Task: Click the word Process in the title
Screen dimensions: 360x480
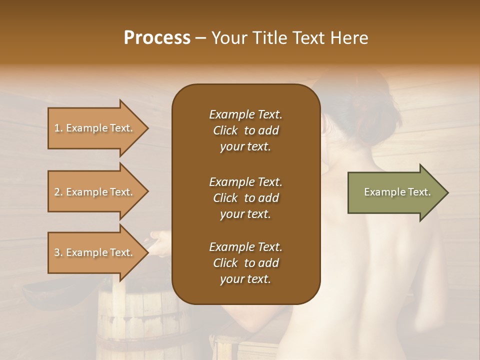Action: click(x=157, y=38)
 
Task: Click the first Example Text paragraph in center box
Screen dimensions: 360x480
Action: click(x=245, y=130)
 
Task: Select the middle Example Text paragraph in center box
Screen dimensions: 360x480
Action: click(x=245, y=197)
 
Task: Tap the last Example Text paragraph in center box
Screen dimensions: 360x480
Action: click(x=245, y=263)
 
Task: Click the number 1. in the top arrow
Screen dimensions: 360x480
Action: click(x=58, y=128)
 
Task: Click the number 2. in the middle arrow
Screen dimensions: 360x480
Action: click(x=58, y=192)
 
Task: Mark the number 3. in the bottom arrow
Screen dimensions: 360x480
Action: click(x=58, y=252)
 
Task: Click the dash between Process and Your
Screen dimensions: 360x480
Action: click(x=201, y=38)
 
